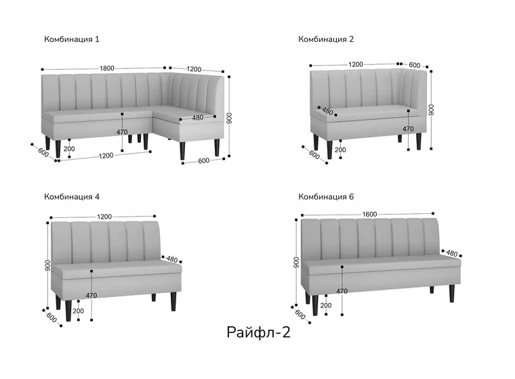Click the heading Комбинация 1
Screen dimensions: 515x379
(72, 39)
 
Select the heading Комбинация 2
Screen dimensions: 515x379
(326, 39)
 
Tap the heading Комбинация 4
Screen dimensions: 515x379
(72, 197)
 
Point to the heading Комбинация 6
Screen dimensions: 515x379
(326, 197)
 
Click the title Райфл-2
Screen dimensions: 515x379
(258, 332)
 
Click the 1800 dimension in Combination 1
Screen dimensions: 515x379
(107, 68)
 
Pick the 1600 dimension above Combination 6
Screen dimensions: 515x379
(369, 215)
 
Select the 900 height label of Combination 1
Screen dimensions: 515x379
(229, 118)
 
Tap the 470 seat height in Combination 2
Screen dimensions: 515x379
(408, 129)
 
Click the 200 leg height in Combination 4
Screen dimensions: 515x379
(78, 311)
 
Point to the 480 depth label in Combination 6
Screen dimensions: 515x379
(451, 253)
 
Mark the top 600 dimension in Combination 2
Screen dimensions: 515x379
(415, 65)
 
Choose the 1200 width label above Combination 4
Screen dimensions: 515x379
(104, 217)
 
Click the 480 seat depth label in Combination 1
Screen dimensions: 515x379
(197, 118)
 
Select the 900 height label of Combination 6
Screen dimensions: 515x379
(296, 262)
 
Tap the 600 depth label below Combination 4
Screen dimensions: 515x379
(52, 317)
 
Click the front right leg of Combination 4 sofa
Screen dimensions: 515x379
(173, 301)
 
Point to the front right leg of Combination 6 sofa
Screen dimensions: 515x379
(452, 293)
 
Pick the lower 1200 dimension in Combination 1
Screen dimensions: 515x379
(106, 156)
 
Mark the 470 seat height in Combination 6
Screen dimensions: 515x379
(342, 291)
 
